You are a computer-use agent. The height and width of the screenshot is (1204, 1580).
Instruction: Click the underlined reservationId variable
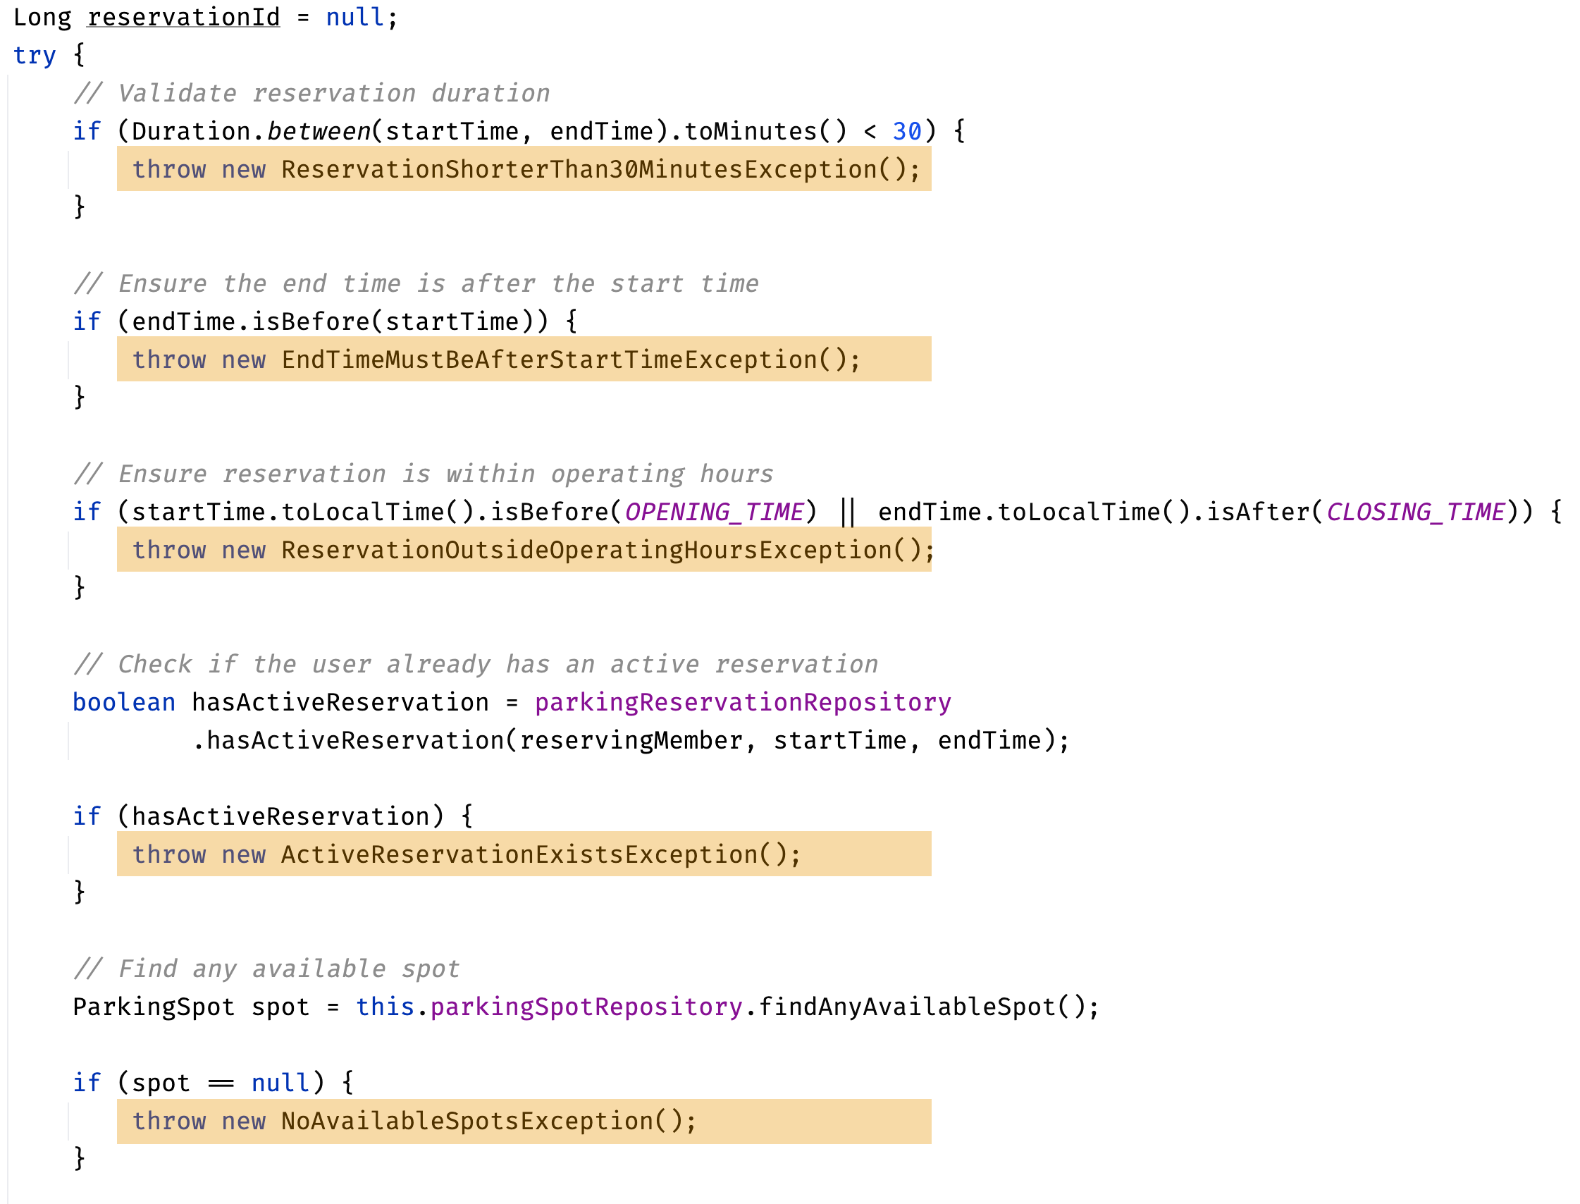183,17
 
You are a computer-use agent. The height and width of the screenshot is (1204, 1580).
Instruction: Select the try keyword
35,55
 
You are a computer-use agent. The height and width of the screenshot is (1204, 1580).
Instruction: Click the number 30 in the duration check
906,131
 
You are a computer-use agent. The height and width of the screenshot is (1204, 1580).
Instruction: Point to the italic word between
319,131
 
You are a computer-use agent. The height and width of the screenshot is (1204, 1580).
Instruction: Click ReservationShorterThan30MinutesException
579,169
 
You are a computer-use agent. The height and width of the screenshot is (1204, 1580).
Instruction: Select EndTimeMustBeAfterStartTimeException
549,359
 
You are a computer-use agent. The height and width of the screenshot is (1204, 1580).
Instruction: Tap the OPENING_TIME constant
714,512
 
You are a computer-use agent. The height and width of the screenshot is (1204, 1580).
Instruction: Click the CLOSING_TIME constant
1415,512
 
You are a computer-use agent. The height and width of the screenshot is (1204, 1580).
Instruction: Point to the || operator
847,512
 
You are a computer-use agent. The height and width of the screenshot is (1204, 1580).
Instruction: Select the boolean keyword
124,702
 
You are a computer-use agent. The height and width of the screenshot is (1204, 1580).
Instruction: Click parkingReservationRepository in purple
743,702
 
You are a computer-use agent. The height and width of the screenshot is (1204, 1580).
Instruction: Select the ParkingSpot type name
154,1007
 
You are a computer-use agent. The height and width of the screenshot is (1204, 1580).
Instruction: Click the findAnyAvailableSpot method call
906,1007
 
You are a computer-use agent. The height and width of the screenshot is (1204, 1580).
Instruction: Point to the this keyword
385,1007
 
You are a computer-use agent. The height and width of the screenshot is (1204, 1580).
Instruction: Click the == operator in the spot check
221,1083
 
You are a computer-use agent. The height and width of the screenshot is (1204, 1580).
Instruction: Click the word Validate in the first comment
177,93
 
